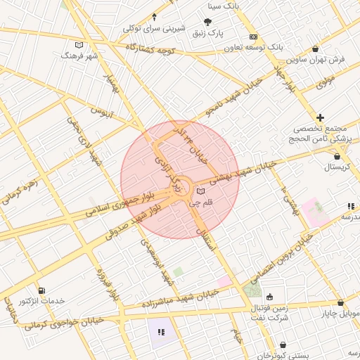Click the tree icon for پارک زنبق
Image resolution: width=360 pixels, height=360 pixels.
click(207, 22)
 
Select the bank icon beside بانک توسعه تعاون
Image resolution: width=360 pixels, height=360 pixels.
click(254, 37)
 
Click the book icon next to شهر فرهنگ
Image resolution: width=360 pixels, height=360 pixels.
click(79, 44)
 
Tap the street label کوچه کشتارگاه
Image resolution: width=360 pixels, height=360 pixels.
click(149, 49)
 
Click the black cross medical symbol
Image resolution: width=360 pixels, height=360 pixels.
click(321, 117)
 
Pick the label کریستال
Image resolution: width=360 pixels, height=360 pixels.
click(340, 167)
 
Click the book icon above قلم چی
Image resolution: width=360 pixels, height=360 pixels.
click(202, 191)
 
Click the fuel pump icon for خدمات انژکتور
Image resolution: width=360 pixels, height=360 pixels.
click(42, 290)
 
